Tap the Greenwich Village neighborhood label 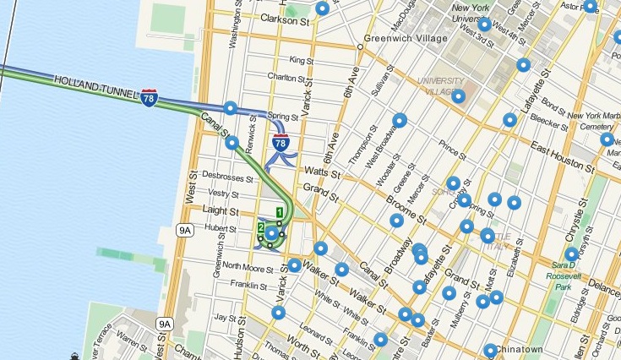coord(405,38)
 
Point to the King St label coord(302,60)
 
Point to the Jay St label coord(224,318)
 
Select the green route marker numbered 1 coord(279,211)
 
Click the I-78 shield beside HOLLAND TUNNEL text coord(150,98)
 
